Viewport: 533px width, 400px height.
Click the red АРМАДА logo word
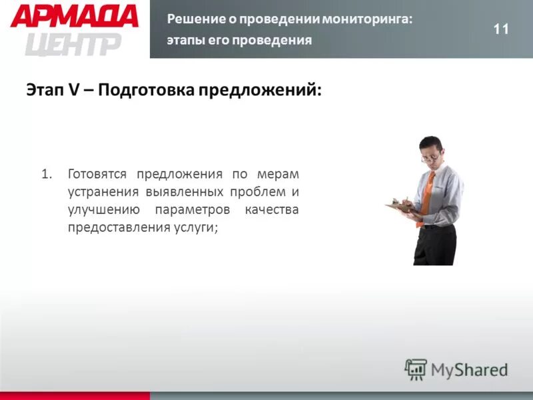point(74,16)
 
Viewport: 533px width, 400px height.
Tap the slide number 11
point(501,29)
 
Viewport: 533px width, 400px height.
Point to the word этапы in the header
point(185,40)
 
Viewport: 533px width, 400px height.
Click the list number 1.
point(45,175)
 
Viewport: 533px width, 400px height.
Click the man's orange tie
point(426,193)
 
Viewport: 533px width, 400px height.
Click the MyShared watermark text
point(468,369)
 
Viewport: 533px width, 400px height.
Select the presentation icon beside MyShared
point(416,369)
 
